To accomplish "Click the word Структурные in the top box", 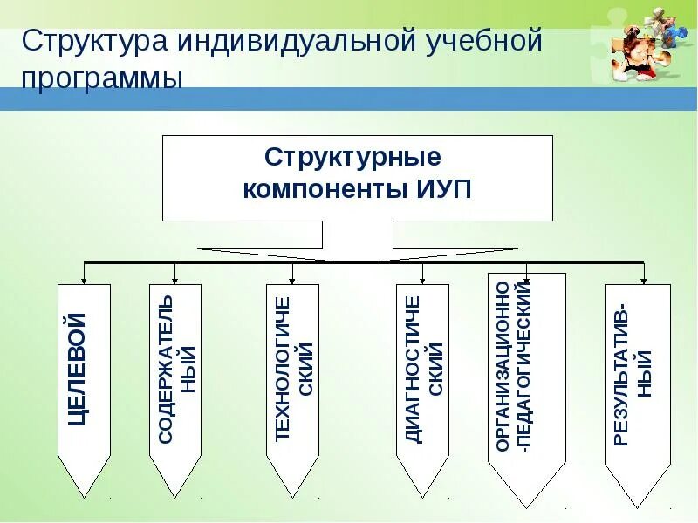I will (352, 159).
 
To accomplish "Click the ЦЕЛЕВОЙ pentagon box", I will (84, 375).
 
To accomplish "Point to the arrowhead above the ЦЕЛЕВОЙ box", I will (84, 279).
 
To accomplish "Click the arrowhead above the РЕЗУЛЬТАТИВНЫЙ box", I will (643, 279).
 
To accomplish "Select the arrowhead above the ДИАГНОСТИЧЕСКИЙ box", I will (423, 279).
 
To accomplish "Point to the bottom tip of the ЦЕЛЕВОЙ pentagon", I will (84, 496).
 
